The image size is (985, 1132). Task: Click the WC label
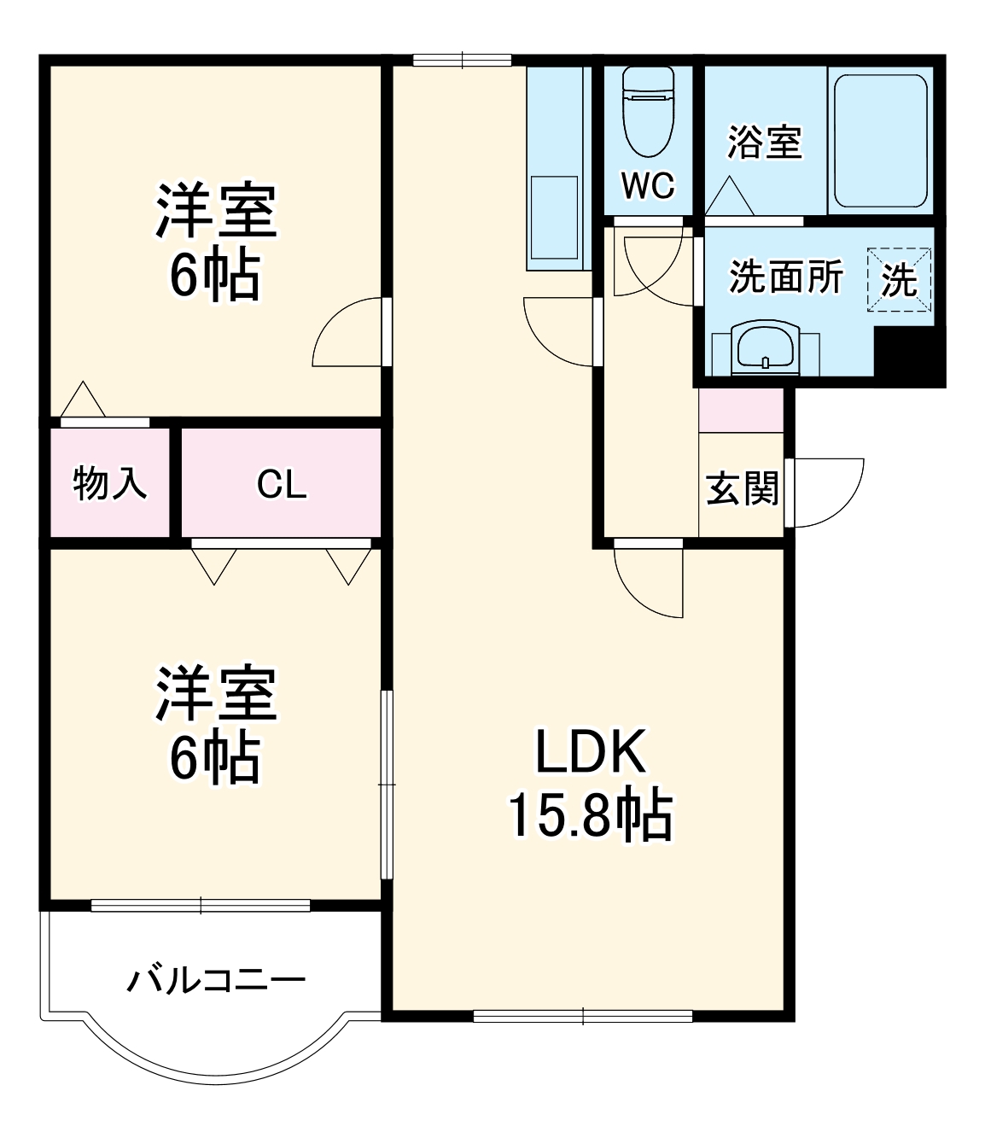pos(648,184)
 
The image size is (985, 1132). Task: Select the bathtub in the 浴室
pos(880,141)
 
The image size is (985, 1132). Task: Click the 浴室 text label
pos(764,143)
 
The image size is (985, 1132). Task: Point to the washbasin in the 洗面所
pos(765,349)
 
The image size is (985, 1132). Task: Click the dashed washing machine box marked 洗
pos(900,279)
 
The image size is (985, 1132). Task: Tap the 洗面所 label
pos(785,277)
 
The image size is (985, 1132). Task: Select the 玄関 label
pos(742,489)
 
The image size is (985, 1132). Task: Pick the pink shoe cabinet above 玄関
pos(741,410)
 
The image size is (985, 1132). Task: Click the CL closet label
pos(282,485)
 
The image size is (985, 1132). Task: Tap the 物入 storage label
pos(110,484)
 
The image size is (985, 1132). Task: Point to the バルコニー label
pos(216,980)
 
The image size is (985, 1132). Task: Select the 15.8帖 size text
pos(591,815)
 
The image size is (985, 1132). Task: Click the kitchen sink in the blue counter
pos(554,217)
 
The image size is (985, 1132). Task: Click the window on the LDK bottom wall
pos(583,1016)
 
